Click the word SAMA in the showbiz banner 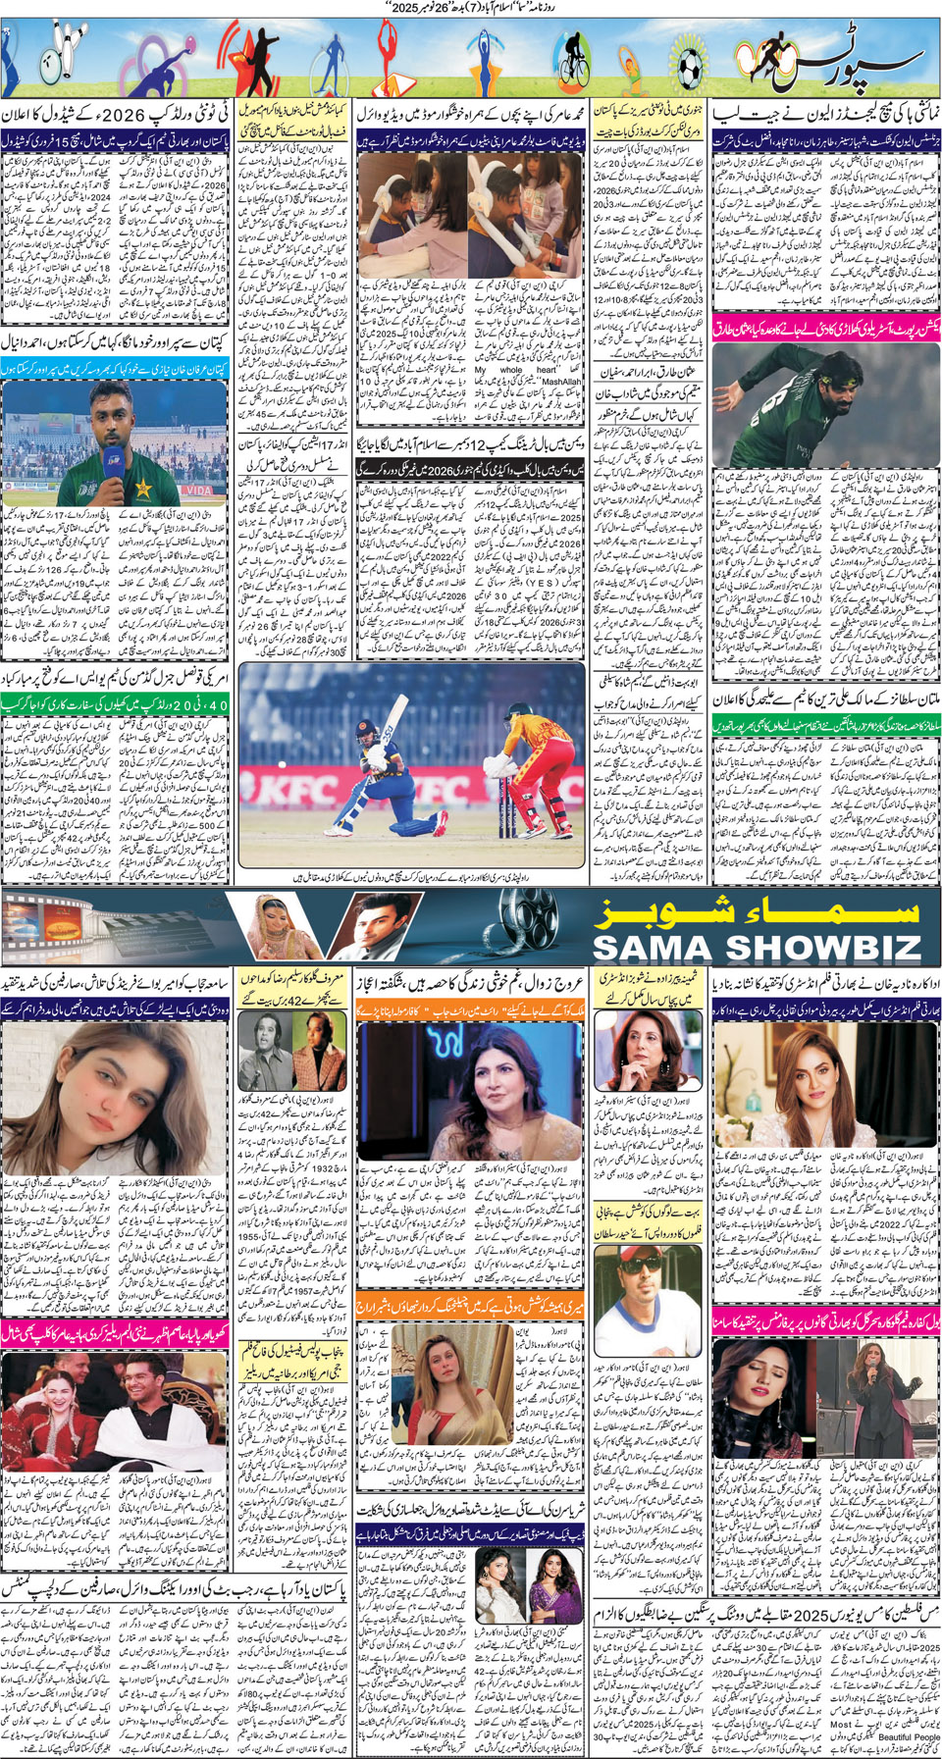click(x=647, y=948)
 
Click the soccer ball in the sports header click(x=691, y=64)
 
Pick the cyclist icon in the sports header click(x=572, y=62)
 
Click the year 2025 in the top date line click(x=371, y=8)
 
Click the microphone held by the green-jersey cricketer click(x=110, y=464)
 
